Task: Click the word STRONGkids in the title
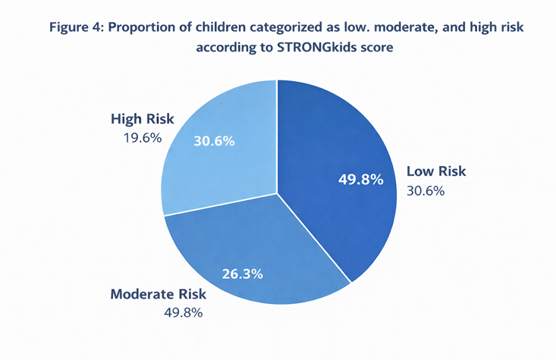coord(316,47)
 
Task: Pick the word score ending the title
coord(377,48)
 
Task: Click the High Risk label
coord(142,119)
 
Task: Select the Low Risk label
coord(436,171)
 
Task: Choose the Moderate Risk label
coord(158,294)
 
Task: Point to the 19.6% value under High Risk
coord(143,138)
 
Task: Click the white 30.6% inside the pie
coord(214,141)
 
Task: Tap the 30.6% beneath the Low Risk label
coord(426,191)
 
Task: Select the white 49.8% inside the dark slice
coord(360,180)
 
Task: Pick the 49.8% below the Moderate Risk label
coord(184,313)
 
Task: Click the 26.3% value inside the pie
coord(243,274)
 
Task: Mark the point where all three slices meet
coord(277,193)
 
